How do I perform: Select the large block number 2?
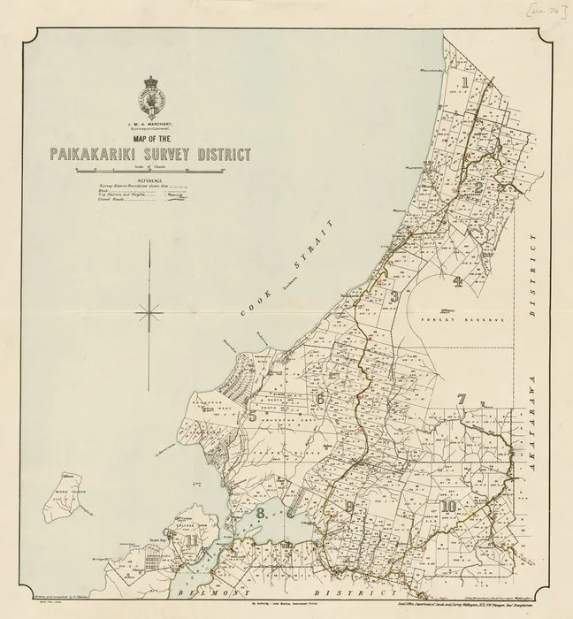pyautogui.click(x=477, y=187)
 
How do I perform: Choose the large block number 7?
pyautogui.click(x=461, y=400)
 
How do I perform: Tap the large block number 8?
pyautogui.click(x=261, y=513)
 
